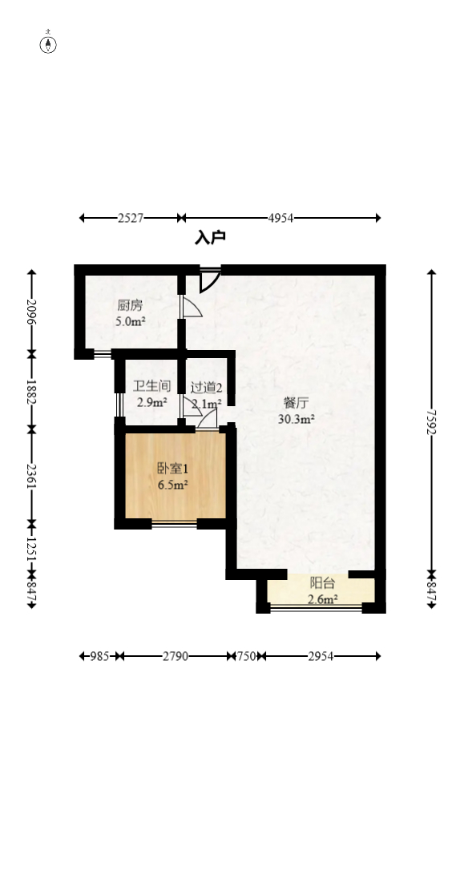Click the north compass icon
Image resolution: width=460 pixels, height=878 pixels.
click(49, 43)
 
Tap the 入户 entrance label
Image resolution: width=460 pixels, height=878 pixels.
click(210, 237)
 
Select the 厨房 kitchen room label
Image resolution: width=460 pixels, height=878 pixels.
click(130, 306)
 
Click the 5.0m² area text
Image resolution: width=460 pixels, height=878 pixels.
click(130, 322)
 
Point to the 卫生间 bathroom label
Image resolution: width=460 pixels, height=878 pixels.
click(151, 386)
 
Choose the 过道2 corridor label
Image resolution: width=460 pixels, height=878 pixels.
click(206, 387)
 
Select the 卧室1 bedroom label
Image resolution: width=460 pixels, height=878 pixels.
click(172, 469)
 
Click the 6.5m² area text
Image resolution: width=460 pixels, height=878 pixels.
click(172, 485)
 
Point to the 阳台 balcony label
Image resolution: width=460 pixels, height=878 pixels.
click(322, 583)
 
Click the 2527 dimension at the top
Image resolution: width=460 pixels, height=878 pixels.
click(130, 218)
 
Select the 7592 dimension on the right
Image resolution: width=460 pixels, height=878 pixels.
click(432, 421)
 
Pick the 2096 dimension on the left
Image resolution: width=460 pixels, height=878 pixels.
click(32, 311)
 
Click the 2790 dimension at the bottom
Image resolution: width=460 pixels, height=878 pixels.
click(175, 656)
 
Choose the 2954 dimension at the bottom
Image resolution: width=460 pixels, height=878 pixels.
click(321, 656)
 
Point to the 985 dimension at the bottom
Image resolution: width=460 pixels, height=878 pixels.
click(99, 656)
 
